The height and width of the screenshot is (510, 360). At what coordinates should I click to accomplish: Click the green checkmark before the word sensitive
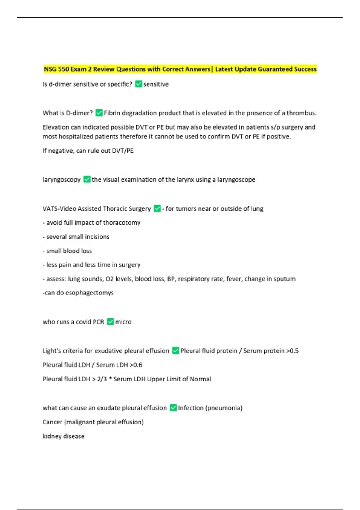coord(138,84)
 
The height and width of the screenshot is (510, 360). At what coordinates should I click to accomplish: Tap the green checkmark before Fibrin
coord(99,113)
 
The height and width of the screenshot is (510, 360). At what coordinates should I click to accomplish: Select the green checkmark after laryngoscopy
coord(87,179)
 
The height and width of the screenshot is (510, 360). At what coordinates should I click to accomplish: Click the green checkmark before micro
coord(110,322)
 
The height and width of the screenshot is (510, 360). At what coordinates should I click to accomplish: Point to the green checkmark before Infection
coord(173,408)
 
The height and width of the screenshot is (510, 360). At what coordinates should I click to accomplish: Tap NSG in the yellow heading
coord(50,69)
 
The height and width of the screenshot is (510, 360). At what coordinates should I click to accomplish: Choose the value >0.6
coord(136,365)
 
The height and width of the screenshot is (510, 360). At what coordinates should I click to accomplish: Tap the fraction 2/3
coord(102,379)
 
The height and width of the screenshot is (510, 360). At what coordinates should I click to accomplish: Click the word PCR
coord(98,322)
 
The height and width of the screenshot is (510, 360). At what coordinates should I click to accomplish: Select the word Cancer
coord(52,422)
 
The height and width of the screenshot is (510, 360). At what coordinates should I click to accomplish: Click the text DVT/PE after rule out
coord(122,151)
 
